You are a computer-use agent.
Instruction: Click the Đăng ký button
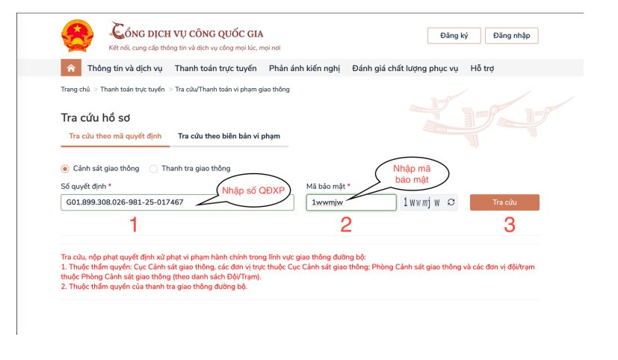tap(454, 35)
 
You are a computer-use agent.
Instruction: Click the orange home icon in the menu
tap(71, 68)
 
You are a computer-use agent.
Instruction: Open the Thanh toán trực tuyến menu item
tap(216, 68)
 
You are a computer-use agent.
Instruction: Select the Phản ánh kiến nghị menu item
tap(304, 68)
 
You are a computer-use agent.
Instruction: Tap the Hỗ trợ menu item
tap(482, 68)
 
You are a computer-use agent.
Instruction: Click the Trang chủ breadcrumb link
tap(75, 90)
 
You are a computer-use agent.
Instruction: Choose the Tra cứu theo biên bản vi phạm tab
tap(229, 136)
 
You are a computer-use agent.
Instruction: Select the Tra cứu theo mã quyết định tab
tap(115, 136)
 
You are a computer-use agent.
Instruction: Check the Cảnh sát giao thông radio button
tap(65, 169)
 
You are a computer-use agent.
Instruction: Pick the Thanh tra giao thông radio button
tap(153, 169)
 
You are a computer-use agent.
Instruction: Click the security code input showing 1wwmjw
tap(351, 202)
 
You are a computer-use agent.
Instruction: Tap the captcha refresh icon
tap(451, 202)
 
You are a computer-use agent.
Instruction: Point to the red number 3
tap(510, 225)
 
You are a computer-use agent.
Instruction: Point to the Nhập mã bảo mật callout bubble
tap(412, 174)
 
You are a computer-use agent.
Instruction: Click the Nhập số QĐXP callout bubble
tap(253, 190)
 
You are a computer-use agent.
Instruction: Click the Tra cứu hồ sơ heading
tap(96, 118)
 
